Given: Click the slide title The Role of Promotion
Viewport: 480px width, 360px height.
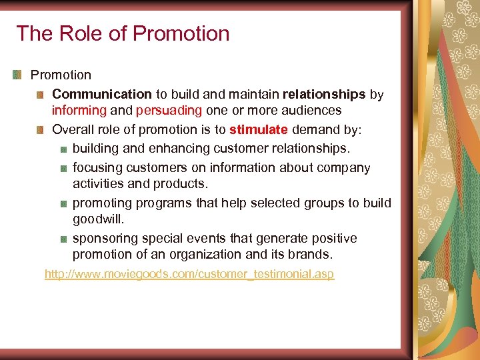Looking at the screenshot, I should pyautogui.click(x=123, y=33).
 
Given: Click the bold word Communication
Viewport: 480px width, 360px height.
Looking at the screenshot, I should pyautogui.click(x=102, y=95).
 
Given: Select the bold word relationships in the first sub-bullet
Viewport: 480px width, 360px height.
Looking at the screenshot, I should pyautogui.click(x=324, y=95).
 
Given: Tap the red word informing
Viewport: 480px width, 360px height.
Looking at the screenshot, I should pyautogui.click(x=79, y=111).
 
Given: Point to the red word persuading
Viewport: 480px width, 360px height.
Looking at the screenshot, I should pyautogui.click(x=169, y=111).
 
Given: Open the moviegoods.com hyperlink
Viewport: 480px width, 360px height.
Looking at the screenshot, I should pyautogui.click(x=189, y=274).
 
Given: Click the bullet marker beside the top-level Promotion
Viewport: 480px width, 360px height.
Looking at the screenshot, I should pyautogui.click(x=17, y=75).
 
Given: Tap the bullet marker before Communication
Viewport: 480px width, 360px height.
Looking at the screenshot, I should pyautogui.click(x=40, y=95).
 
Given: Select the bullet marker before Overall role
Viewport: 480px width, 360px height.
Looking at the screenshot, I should pyautogui.click(x=40, y=129).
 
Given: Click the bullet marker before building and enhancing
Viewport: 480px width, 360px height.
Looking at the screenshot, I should pyautogui.click(x=61, y=148).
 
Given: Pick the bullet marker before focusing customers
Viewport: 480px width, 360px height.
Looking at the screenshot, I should pyautogui.click(x=61, y=168).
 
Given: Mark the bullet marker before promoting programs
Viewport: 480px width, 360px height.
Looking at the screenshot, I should pyautogui.click(x=61, y=203).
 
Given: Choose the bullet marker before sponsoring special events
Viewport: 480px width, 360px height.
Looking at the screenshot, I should pyautogui.click(x=61, y=239).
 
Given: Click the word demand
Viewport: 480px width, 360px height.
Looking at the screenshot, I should pyautogui.click(x=316, y=129).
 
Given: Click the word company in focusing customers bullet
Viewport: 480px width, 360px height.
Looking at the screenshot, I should pyautogui.click(x=347, y=168).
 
